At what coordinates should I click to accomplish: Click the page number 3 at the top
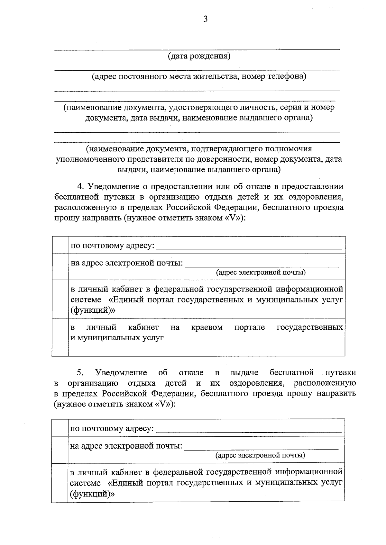pos(206,19)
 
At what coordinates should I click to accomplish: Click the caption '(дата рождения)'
pos(199,56)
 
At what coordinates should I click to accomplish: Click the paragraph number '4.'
pos(81,186)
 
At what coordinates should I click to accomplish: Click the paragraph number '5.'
pos(80,372)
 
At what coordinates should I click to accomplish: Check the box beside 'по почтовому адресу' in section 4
pos(60,246)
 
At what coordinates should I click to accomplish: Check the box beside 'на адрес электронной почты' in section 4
pos(60,267)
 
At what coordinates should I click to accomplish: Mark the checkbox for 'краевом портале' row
pos(60,337)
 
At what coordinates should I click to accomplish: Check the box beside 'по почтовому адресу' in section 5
pos(60,428)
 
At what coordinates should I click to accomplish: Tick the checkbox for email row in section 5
pos(60,450)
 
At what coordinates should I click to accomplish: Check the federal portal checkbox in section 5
pos(60,482)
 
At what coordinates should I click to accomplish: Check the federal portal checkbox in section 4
pos(60,299)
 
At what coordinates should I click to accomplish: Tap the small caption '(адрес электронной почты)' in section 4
pos(261,273)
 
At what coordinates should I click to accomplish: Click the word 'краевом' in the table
pos(207,327)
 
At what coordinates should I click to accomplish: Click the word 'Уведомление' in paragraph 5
pos(121,372)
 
